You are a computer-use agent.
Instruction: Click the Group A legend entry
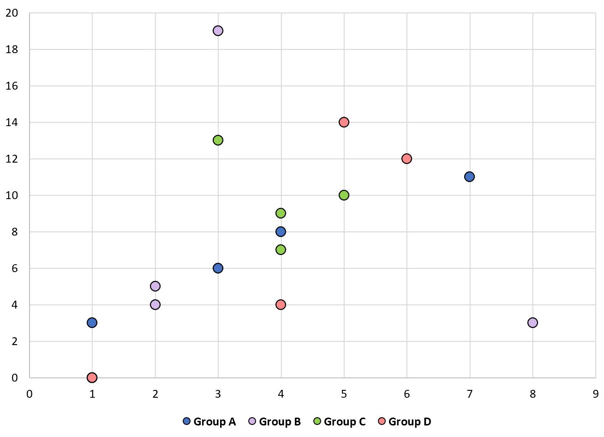click(x=210, y=422)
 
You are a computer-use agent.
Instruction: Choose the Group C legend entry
click(x=340, y=422)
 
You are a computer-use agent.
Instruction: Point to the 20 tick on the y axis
click(x=12, y=13)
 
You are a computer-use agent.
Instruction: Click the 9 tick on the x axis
click(x=596, y=394)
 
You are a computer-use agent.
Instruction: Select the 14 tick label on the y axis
click(x=12, y=122)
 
